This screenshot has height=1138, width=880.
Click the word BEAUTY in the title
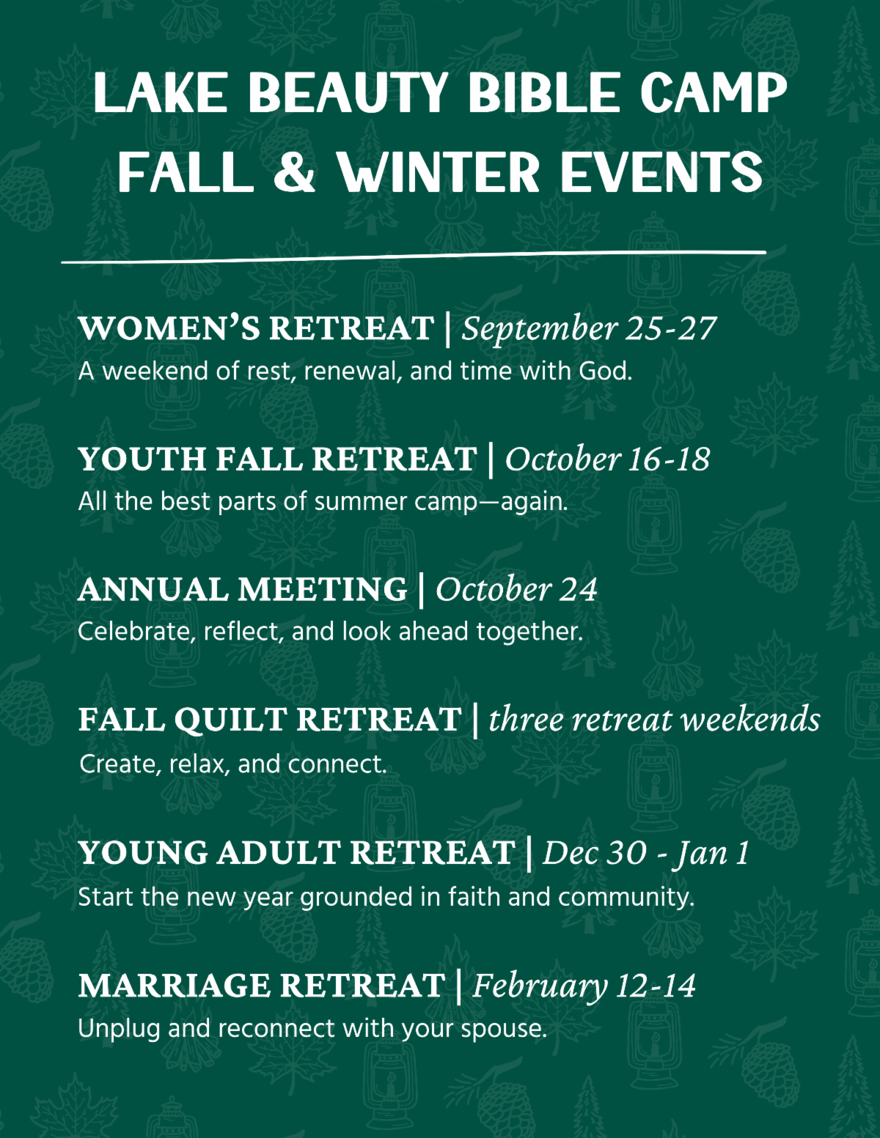(x=348, y=92)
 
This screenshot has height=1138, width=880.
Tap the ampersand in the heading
(x=294, y=171)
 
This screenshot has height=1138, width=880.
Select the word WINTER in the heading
(x=438, y=171)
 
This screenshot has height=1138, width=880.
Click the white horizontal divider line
(x=414, y=257)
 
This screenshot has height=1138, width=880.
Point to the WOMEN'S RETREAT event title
(x=256, y=328)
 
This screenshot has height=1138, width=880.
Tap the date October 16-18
(x=607, y=459)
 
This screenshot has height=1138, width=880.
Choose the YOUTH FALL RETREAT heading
(x=278, y=459)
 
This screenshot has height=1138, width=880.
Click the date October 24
(x=516, y=590)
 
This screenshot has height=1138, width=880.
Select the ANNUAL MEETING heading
(x=243, y=590)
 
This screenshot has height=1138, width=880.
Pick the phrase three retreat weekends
(x=654, y=720)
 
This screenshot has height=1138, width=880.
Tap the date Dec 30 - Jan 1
(x=646, y=853)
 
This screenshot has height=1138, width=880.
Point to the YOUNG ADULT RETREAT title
(x=297, y=852)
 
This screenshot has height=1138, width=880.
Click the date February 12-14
(x=584, y=986)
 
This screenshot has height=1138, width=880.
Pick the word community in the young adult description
(x=626, y=898)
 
